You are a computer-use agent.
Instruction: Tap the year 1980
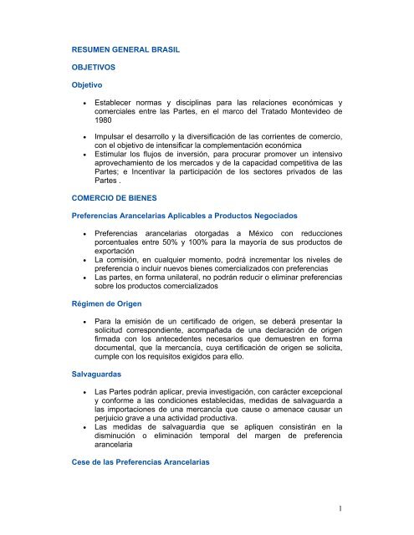pyautogui.click(x=107, y=119)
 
